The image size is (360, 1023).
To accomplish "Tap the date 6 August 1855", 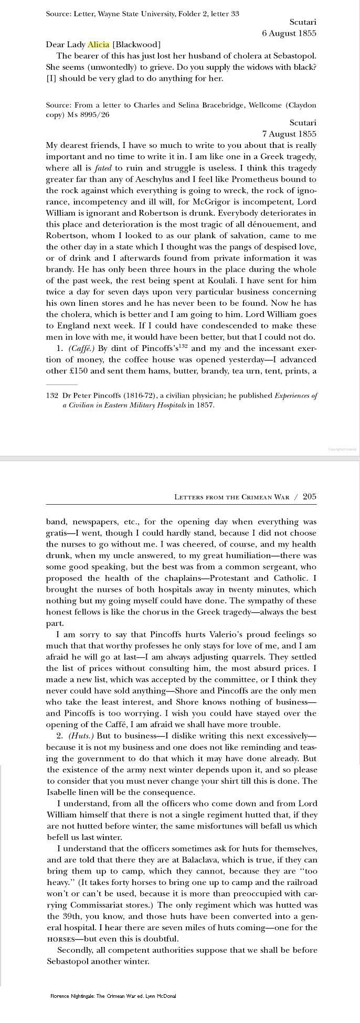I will (x=289, y=33).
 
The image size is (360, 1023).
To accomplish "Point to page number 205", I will (x=310, y=496).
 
